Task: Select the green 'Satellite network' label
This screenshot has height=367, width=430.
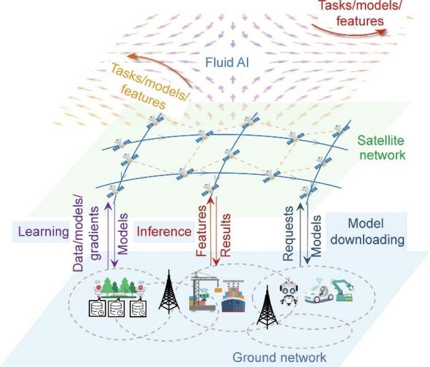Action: pos(381,147)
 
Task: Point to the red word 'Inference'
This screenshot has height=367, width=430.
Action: pos(163,232)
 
